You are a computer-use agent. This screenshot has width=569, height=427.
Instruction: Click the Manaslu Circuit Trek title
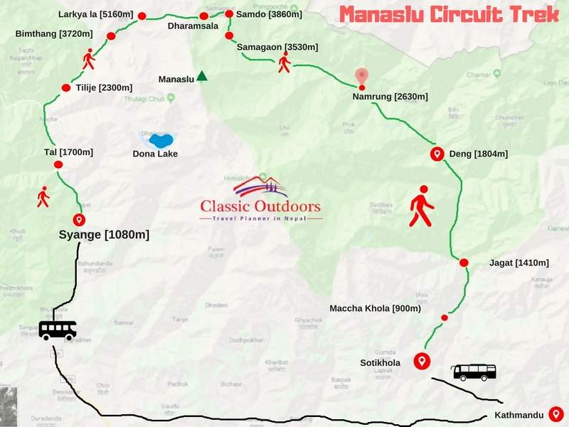coord(450,15)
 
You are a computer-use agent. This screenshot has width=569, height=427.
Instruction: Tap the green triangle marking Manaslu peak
coord(202,76)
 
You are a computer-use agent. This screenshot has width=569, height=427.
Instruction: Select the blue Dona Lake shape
coord(159,139)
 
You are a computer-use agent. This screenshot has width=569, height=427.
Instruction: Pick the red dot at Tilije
coord(66,88)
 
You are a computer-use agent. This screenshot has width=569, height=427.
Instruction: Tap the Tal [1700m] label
coord(68,152)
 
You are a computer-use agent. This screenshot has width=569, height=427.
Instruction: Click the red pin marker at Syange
coord(79,220)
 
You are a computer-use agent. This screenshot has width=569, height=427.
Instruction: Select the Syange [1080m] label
coord(104,234)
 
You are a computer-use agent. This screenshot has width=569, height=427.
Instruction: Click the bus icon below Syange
coord(58,330)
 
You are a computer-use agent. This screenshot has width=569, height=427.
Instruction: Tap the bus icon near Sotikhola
coord(474,371)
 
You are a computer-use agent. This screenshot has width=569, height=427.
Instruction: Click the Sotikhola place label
coord(380,363)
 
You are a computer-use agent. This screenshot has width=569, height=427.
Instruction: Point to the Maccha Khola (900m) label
coord(376,308)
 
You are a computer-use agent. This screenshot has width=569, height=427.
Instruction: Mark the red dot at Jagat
coord(464,263)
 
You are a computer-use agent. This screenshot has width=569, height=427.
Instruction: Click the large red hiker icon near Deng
coord(421,206)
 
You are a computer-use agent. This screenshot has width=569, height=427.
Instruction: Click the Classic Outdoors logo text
coord(260,207)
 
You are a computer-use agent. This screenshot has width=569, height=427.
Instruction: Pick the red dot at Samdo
coord(229,14)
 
